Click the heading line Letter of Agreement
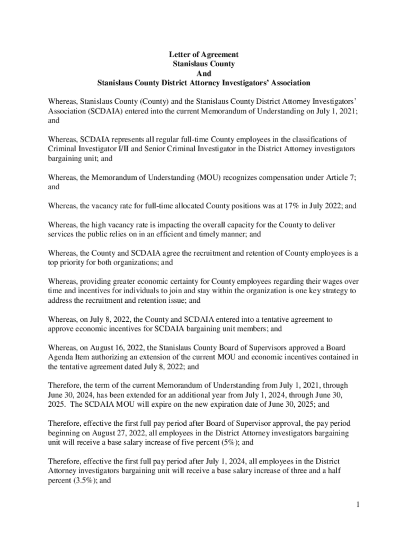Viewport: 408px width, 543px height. (204, 55)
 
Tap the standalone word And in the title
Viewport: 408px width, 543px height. (204, 74)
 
